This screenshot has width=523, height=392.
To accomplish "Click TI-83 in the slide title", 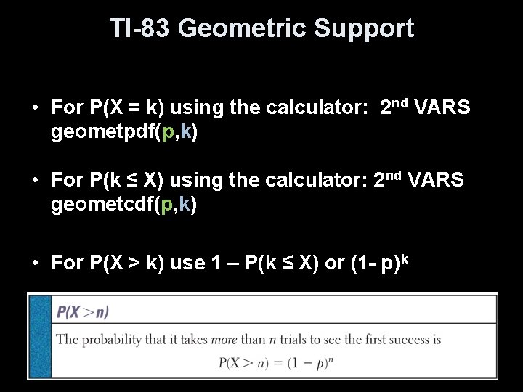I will (139, 28).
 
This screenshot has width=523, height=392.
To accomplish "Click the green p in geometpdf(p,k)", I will (168, 134).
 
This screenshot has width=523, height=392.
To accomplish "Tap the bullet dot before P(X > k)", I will (34, 263).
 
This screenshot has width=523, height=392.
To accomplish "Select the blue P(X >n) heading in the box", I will (83, 312).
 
